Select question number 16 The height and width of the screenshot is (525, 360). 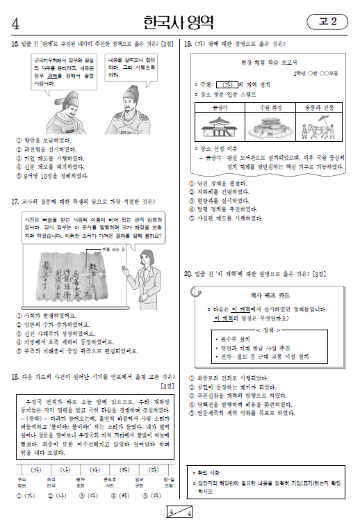(15, 43)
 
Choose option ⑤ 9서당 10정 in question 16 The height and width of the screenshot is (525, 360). (44, 176)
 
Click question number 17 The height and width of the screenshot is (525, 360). (15, 202)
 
